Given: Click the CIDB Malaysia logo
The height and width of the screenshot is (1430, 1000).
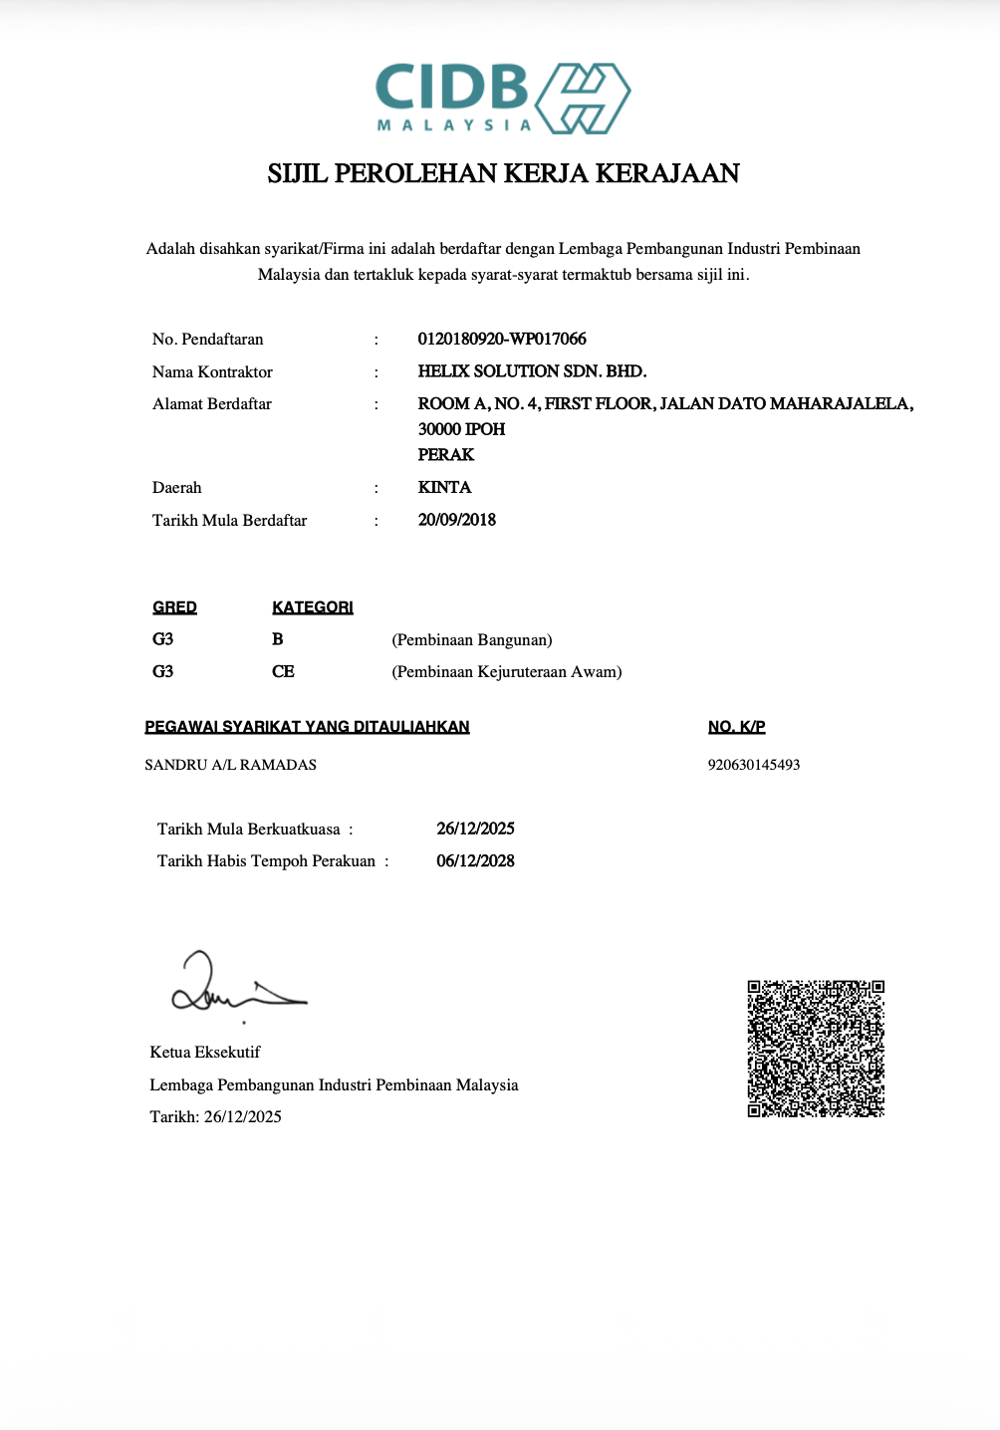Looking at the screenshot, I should pos(503,99).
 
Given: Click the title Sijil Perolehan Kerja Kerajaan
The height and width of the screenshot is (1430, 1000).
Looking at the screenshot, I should pos(503,173).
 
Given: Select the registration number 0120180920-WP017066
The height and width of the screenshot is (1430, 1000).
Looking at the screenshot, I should pos(502,339).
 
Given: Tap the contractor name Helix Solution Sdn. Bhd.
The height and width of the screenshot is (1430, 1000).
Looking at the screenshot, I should pos(532,371).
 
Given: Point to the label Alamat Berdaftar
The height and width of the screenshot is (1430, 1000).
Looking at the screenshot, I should pos(212,404).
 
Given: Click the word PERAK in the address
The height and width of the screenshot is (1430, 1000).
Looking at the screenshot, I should pos(446,455).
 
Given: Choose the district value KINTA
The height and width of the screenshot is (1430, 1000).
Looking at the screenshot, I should pos(444,487).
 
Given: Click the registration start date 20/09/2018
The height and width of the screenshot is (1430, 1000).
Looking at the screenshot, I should pos(457,520).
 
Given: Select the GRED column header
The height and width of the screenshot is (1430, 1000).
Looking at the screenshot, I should pos(174,607).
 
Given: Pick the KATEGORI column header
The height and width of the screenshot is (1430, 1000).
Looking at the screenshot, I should pos(313,607).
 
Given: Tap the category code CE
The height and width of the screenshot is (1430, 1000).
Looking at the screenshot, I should pos(283,672).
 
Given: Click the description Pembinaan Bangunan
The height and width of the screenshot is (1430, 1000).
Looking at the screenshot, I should pos(472,639).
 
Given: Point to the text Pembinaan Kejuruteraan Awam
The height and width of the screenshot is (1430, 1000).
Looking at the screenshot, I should pos(507,672).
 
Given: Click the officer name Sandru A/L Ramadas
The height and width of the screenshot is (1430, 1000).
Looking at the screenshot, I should pos(231,765).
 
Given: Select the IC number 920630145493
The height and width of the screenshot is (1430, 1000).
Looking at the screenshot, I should pos(754,765).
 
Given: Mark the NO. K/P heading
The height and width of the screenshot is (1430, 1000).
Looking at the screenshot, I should pos(737,727).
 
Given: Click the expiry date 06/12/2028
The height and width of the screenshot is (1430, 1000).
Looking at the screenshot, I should pos(475,861).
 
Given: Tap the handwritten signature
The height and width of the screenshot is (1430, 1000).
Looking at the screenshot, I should pos(234,987).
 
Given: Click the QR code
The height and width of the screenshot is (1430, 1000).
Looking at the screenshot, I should pos(816,1049).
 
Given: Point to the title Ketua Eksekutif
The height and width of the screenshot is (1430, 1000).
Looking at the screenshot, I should pos(205,1053).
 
